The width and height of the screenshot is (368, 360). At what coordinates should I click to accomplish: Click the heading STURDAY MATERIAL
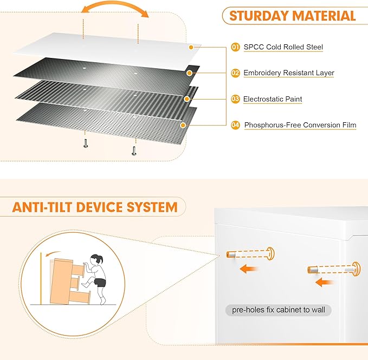click(292, 16)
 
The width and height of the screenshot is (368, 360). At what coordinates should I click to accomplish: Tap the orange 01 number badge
click(235, 47)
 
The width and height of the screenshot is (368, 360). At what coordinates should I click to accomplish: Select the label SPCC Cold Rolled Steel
click(283, 47)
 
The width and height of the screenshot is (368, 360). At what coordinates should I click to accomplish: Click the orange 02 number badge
click(235, 73)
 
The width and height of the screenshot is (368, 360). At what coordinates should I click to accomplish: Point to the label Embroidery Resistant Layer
click(288, 73)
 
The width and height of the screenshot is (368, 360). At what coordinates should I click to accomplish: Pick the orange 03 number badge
click(235, 99)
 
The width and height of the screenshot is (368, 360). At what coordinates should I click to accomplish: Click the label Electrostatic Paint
click(272, 99)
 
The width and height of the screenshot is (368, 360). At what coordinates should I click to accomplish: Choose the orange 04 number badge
click(235, 125)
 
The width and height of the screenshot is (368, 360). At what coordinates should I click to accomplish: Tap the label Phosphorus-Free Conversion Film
click(300, 125)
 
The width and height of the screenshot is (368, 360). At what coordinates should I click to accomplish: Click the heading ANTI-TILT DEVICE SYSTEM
click(95, 207)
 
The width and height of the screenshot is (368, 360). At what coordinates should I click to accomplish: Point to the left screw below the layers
click(85, 143)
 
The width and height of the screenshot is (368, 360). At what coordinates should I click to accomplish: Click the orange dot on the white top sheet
click(191, 47)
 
